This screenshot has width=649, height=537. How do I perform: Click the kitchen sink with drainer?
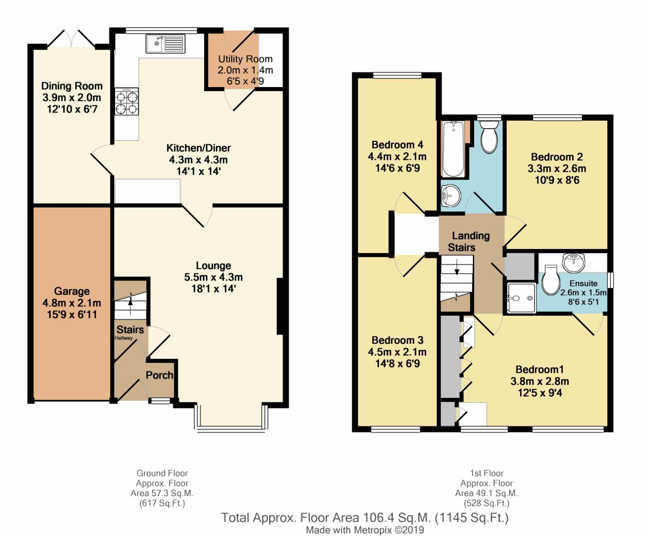click(165, 44)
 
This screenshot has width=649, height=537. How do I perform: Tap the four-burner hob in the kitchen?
click(126, 101)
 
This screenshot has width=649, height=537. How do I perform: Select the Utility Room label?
click(245, 59)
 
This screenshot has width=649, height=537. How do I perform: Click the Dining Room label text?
click(72, 86)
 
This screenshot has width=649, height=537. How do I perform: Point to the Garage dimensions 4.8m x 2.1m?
click(72, 303)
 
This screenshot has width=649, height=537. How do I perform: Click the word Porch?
click(160, 375)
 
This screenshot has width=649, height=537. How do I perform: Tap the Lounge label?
click(214, 265)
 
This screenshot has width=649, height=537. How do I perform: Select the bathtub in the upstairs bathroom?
click(453, 149)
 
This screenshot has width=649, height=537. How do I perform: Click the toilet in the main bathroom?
click(489, 137)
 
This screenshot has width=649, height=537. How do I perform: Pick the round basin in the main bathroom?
click(451, 196)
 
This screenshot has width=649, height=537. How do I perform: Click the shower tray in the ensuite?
click(521, 298)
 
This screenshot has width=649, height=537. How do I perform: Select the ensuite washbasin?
click(574, 262)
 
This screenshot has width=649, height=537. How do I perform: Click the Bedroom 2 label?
click(557, 157)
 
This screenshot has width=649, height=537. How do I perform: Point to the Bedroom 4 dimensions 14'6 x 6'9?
click(398, 168)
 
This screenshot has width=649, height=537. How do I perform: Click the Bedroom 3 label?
click(398, 340)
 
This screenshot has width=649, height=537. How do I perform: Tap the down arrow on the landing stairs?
click(457, 266)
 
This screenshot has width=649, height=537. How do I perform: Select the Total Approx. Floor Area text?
click(365, 518)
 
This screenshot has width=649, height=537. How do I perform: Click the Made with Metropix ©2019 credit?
click(365, 530)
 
